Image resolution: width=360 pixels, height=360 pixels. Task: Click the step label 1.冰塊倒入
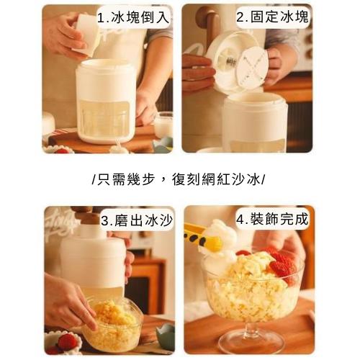[133, 17]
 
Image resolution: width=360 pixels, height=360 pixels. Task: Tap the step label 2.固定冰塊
[272, 17]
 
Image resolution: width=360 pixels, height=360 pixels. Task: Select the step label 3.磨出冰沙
[137, 220]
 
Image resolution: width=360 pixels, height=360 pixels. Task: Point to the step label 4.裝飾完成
[272, 219]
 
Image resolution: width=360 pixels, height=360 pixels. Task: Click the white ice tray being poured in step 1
[86, 35]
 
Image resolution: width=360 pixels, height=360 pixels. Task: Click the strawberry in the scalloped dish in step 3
[67, 341]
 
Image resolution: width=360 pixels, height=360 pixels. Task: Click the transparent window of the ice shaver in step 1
[104, 120]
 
